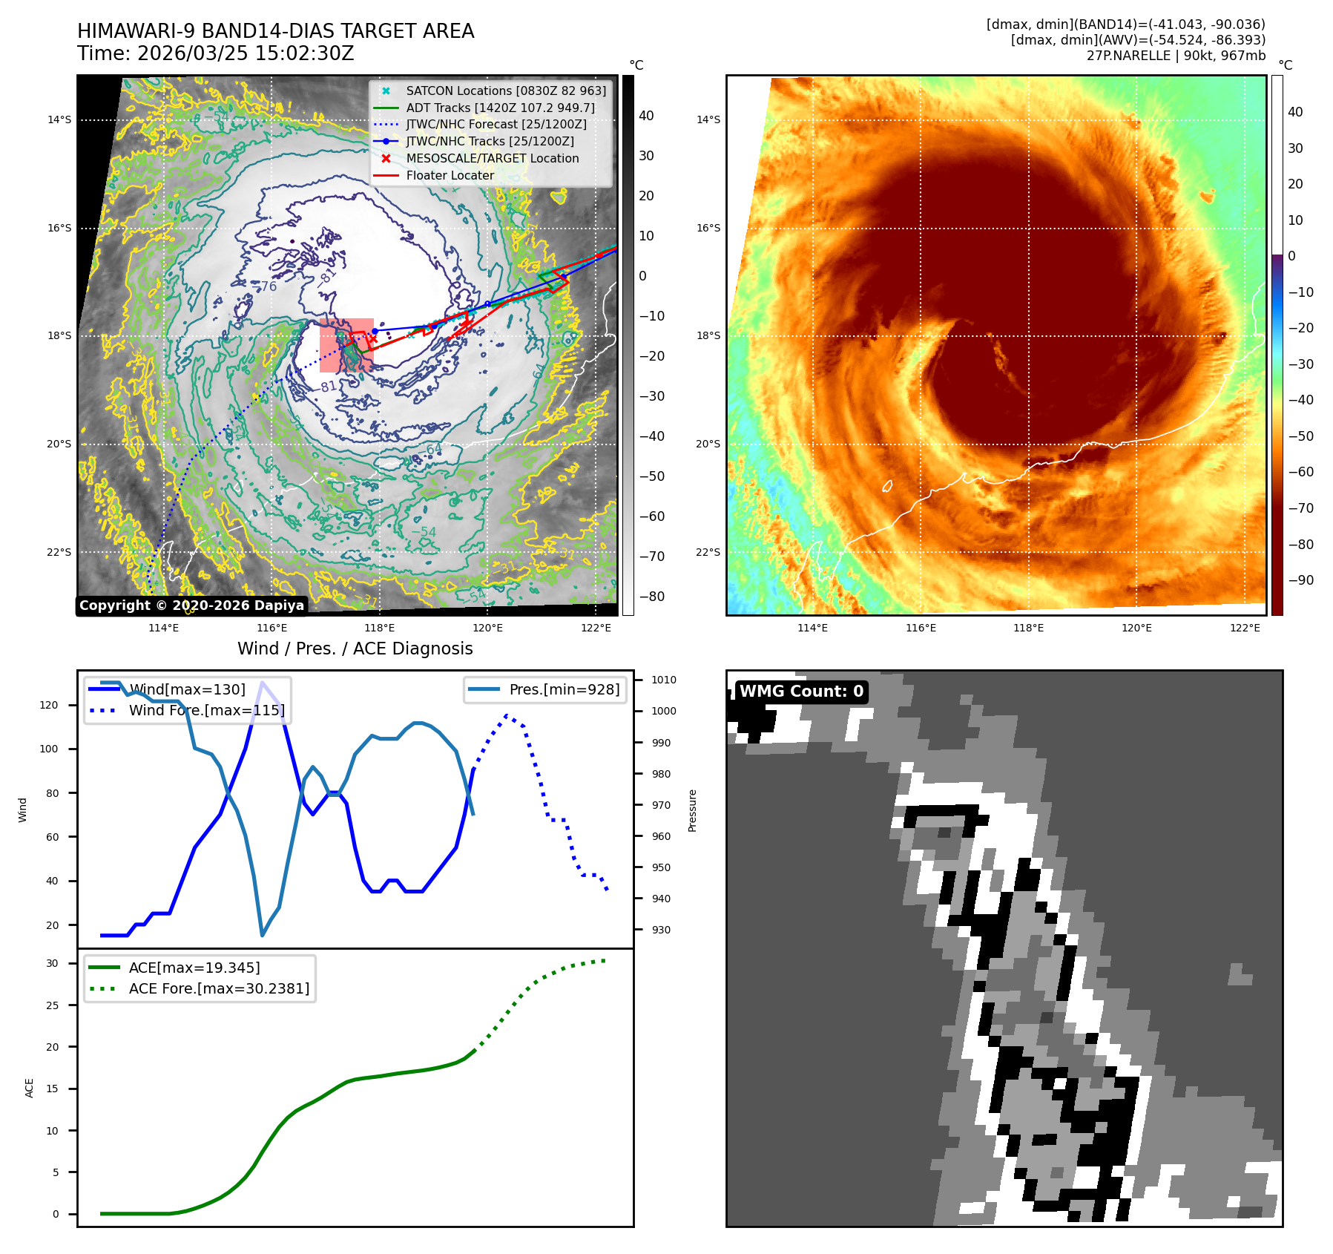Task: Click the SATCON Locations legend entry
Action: click(505, 91)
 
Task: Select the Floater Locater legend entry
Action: click(450, 176)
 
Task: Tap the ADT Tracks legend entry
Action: click(500, 108)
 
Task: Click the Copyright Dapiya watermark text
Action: click(191, 605)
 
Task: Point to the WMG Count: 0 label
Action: click(801, 692)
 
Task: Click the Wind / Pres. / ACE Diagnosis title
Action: click(355, 649)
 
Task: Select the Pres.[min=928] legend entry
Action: click(564, 690)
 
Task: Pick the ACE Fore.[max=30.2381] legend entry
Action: click(219, 988)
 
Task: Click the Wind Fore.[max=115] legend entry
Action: click(206, 710)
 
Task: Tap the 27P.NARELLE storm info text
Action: click(1176, 56)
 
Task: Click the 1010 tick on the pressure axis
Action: click(663, 680)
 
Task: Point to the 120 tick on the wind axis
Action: click(49, 705)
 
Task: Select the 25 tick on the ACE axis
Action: click(52, 1005)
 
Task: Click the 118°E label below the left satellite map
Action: click(379, 628)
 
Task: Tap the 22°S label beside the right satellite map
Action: click(708, 553)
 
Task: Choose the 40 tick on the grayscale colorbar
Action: click(646, 116)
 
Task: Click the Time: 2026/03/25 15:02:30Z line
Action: click(216, 54)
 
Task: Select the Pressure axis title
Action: click(692, 810)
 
